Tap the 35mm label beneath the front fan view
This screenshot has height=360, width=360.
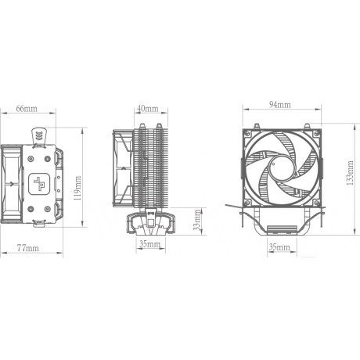pos(278,247)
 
